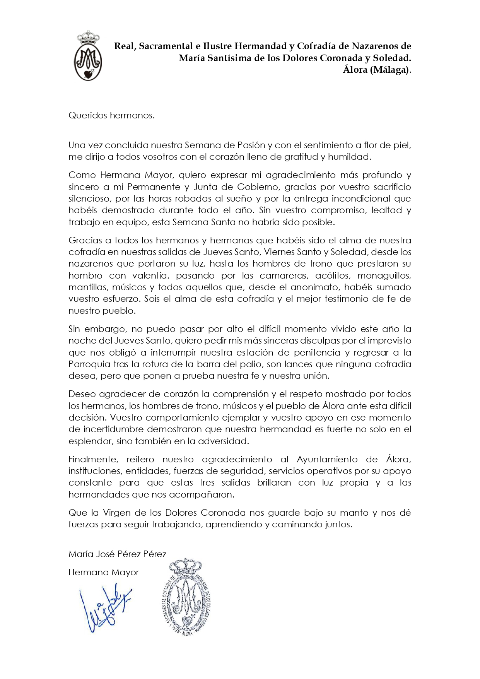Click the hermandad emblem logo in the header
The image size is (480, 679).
coord(88,56)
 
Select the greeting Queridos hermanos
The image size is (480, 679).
coord(111,115)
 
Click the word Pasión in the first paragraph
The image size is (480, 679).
coord(251,145)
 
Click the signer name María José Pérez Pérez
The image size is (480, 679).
coord(117,554)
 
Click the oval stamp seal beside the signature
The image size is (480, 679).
coord(186,598)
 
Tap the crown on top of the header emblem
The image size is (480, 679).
coord(89,38)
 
